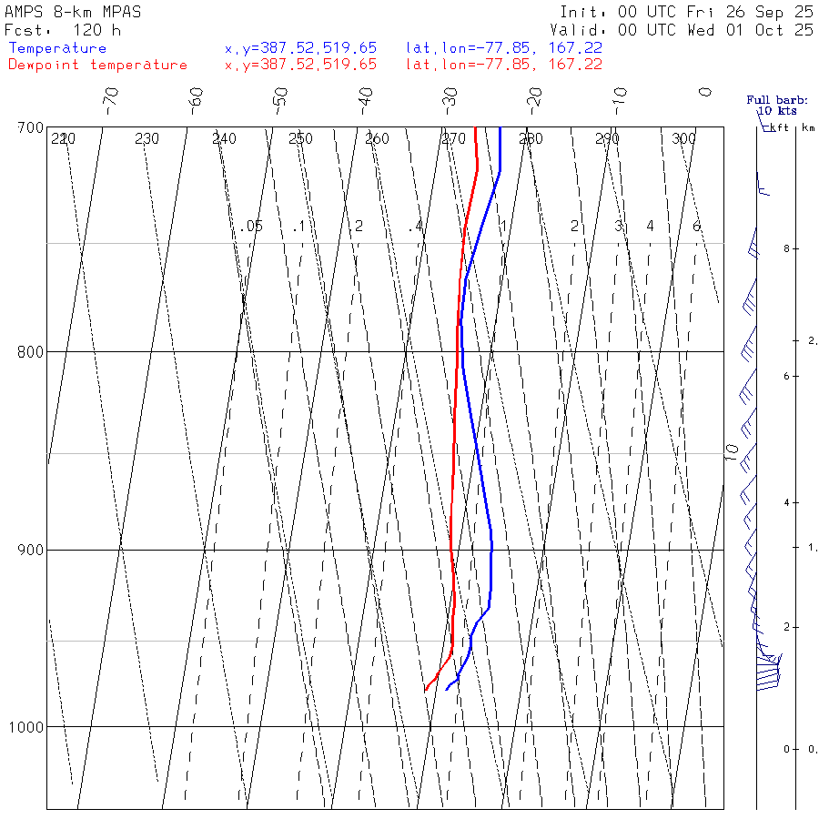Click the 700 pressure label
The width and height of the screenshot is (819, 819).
point(31,127)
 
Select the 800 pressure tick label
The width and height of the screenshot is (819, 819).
point(31,351)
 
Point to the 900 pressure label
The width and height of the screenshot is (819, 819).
point(31,550)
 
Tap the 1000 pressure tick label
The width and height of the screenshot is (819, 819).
point(27,727)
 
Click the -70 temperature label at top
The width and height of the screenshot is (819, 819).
point(111,96)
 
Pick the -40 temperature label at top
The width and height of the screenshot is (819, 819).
point(366,96)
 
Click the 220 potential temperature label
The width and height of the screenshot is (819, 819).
point(63,139)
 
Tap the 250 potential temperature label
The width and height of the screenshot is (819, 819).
point(300,139)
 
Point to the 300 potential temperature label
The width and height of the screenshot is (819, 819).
point(683,139)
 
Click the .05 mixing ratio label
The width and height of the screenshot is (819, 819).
point(253,226)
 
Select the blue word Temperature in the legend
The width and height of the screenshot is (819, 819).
point(57,48)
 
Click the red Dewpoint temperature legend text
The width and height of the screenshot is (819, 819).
point(97,65)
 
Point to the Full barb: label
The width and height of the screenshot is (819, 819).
point(771,100)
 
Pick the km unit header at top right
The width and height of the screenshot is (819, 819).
point(808,128)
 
